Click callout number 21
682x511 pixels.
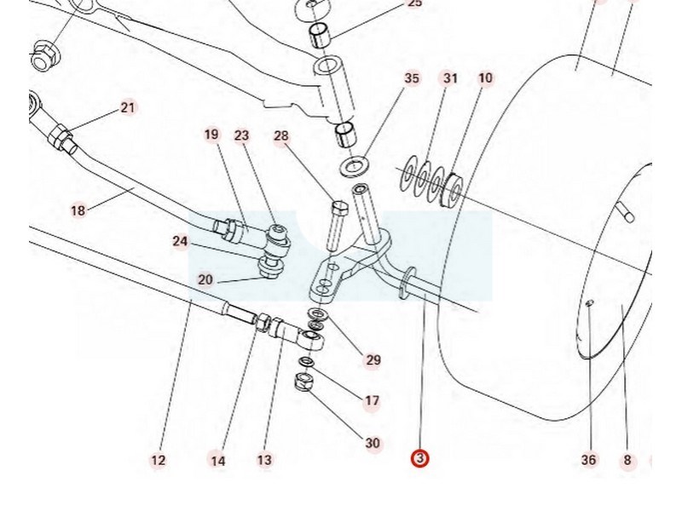(x=128, y=107)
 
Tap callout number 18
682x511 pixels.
(x=78, y=210)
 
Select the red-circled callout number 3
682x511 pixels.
(x=419, y=459)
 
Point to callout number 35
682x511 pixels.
(x=412, y=78)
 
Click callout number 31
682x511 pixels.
(x=450, y=78)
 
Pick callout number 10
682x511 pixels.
(x=485, y=78)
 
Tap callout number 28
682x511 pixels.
(x=282, y=136)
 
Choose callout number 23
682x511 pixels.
(x=242, y=135)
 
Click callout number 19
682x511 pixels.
(x=211, y=135)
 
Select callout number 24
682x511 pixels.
(x=180, y=242)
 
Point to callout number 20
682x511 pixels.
(x=205, y=279)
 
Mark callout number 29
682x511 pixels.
(x=373, y=360)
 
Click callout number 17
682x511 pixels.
(x=373, y=400)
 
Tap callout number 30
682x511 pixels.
(x=373, y=443)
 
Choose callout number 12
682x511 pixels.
(x=159, y=461)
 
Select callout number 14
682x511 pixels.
(x=218, y=461)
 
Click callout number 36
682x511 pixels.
(x=589, y=460)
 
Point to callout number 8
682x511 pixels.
(x=627, y=461)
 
